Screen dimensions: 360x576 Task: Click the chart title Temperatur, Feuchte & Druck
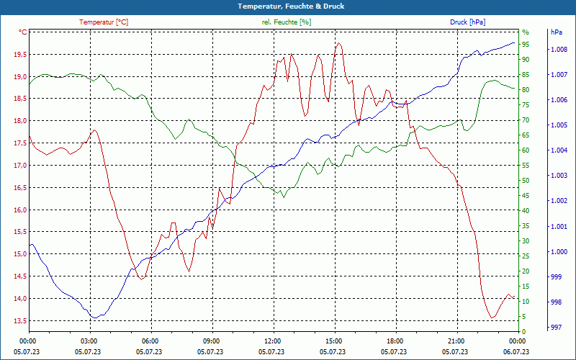(287, 6)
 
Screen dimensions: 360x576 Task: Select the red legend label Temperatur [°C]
(104, 22)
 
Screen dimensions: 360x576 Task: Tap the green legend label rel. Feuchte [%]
(286, 22)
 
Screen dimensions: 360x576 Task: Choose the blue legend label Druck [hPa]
(467, 22)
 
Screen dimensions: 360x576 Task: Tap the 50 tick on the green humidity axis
(526, 181)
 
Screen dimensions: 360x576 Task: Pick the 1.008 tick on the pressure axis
(559, 50)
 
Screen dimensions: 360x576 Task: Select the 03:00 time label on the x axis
(89, 341)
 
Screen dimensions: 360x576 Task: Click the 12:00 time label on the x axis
(273, 341)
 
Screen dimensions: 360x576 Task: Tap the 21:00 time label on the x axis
(456, 341)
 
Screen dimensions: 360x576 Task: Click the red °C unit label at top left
(22, 32)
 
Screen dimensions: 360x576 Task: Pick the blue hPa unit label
(556, 32)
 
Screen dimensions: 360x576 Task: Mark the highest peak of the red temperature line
(338, 42)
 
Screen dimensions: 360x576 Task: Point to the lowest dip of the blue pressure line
(94, 318)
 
